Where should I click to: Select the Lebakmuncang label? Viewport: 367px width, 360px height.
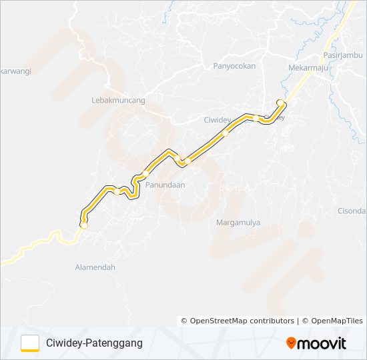point(118,100)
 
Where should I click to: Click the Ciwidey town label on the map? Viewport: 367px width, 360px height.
point(217,121)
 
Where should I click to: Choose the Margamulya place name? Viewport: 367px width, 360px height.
point(238,223)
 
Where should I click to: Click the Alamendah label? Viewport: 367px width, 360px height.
point(95,267)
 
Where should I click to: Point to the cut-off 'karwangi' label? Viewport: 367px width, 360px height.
point(15,70)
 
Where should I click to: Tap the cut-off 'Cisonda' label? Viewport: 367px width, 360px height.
point(352,211)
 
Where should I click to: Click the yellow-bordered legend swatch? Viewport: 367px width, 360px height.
point(30,343)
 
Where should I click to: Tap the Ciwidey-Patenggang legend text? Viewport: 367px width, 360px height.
point(94,343)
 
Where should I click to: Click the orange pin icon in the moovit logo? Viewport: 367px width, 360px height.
point(291,343)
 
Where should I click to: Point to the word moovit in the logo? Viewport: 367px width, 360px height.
point(322,343)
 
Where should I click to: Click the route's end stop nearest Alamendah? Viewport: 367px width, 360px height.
point(84,225)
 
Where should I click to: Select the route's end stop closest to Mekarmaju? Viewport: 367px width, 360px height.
point(281,102)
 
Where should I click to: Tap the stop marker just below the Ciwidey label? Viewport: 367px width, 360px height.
point(226,133)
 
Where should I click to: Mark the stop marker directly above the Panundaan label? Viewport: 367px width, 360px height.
point(145,174)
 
